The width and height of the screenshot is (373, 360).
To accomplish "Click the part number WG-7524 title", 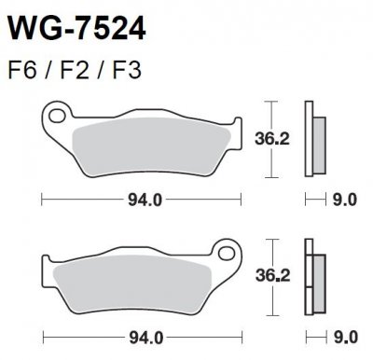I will pos(76,32).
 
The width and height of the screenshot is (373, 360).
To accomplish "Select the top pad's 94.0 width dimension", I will pos(137,198).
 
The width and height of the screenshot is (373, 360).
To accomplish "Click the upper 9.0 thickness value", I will pos(343,198).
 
